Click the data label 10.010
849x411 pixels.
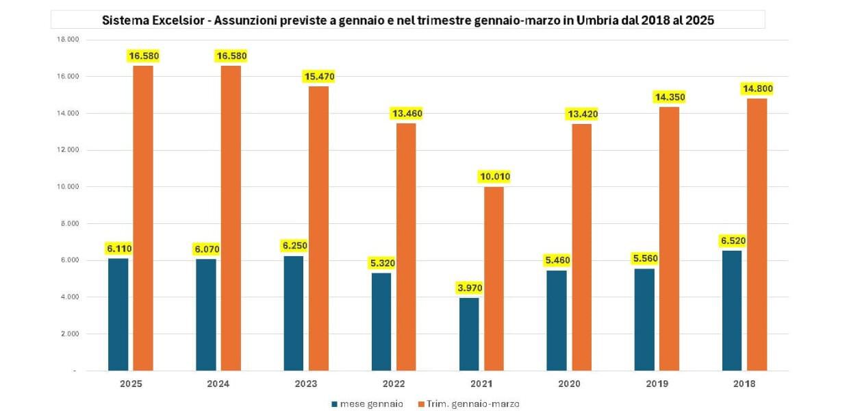pyautogui.click(x=494, y=177)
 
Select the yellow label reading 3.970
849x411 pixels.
pyautogui.click(x=470, y=288)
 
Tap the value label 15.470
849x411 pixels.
pyautogui.click(x=318, y=77)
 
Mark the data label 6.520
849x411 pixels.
pyautogui.click(x=732, y=240)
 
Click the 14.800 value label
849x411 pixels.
pyautogui.click(x=757, y=88)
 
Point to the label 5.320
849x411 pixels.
pyautogui.click(x=381, y=263)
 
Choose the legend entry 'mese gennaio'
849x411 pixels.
pyautogui.click(x=372, y=403)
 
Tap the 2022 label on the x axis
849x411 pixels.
pyautogui.click(x=394, y=384)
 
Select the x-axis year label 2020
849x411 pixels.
pyautogui.click(x=569, y=384)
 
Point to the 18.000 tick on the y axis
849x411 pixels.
pyautogui.click(x=69, y=40)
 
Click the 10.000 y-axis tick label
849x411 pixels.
pyautogui.click(x=69, y=187)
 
